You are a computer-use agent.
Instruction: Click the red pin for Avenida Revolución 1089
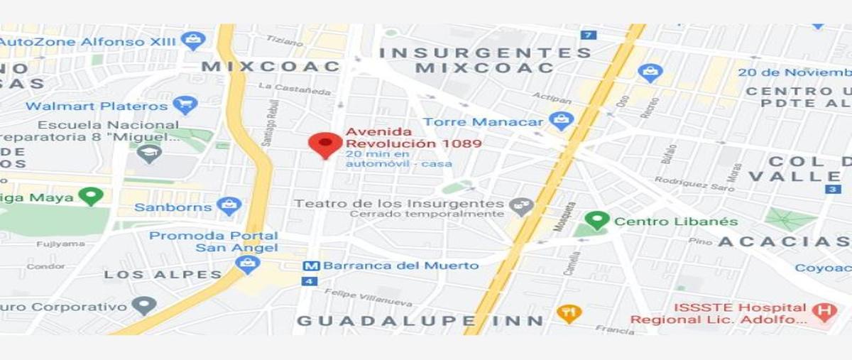click(325, 144)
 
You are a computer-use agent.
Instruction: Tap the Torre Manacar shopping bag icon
click(561, 121)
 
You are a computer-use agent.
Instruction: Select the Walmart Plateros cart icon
click(185, 106)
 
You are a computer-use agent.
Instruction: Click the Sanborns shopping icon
click(229, 207)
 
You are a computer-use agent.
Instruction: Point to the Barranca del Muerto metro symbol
click(309, 266)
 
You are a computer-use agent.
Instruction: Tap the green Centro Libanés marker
click(597, 221)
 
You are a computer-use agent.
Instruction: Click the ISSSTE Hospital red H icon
click(824, 312)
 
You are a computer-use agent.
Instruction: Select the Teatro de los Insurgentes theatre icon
click(521, 207)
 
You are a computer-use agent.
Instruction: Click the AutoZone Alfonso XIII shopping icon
click(193, 40)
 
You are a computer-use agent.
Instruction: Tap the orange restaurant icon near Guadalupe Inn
click(569, 312)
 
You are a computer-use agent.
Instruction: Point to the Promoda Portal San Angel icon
click(247, 266)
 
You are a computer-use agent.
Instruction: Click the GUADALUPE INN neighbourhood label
click(420, 321)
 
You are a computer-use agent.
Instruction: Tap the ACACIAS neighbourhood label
click(784, 242)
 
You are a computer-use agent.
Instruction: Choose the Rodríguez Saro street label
click(684, 182)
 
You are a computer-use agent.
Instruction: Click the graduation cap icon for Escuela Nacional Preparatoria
click(149, 153)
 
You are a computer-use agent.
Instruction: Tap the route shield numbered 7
click(587, 35)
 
